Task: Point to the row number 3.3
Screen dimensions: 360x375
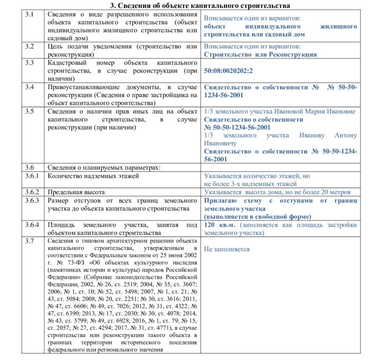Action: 30,62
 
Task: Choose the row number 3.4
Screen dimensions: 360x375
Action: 30,87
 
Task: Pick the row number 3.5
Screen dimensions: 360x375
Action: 30,111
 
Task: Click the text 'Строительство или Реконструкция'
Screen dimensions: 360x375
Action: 260,54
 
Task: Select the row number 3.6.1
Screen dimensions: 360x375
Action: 31,176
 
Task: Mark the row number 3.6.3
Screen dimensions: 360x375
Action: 31,200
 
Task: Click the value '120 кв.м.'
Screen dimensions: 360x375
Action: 220,225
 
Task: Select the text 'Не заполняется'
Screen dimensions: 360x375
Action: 227,249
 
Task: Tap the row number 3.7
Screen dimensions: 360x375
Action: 29,241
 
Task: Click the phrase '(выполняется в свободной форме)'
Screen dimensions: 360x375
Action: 257,216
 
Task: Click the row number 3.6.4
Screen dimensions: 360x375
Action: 31,225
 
